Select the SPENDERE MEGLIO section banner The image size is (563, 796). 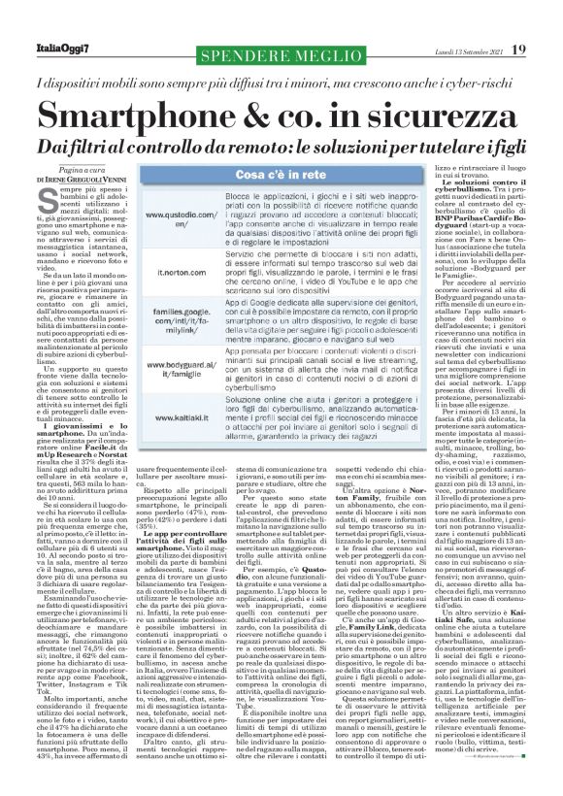(x=227, y=45)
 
